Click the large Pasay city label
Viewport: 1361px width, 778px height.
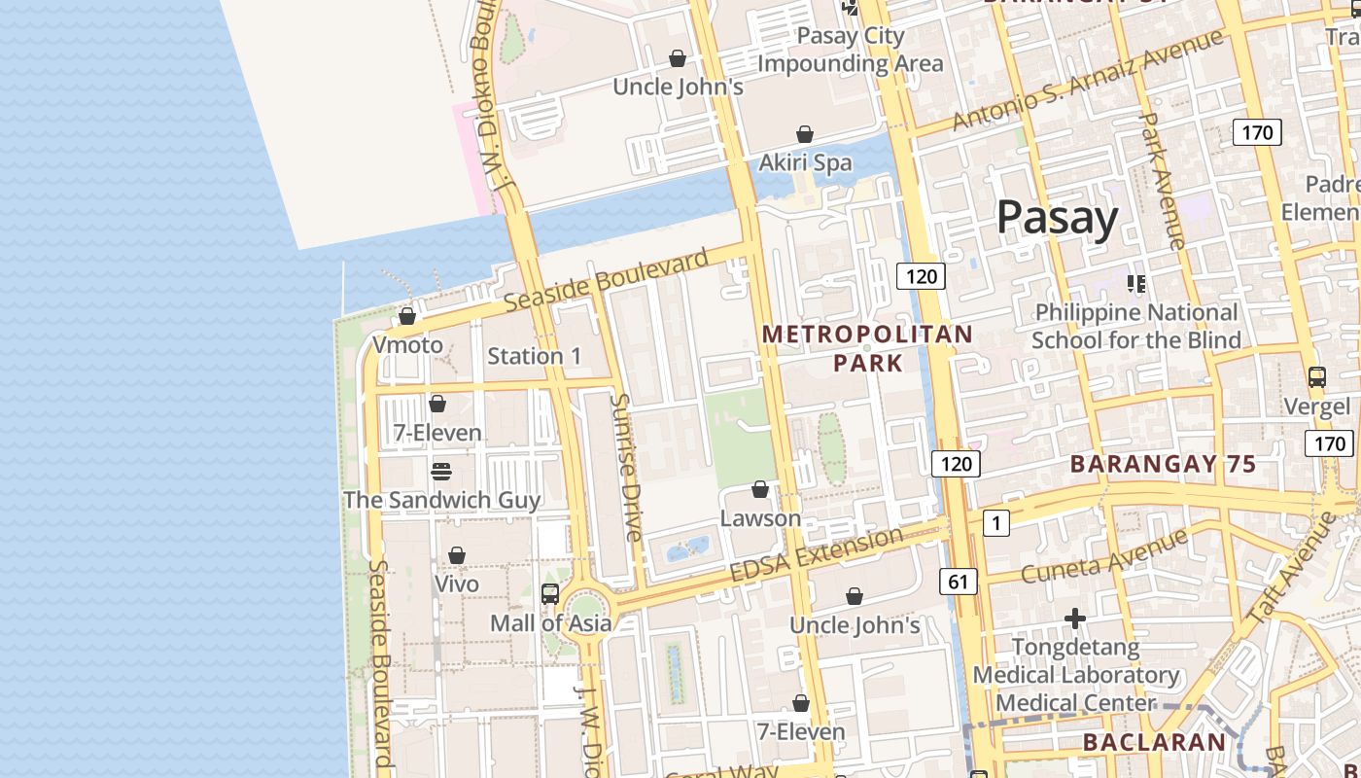tap(1057, 218)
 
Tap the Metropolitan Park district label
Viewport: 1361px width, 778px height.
tap(867, 348)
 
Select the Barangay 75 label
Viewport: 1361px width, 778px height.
tap(1163, 464)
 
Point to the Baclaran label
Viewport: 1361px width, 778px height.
tap(1154, 742)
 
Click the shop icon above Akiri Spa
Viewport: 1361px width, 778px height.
tap(805, 134)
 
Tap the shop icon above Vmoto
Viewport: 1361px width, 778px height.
tap(407, 316)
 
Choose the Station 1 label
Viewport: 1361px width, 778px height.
tap(534, 356)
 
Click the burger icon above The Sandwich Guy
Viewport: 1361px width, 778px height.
tap(441, 472)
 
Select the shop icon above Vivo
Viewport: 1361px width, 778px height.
tap(456, 555)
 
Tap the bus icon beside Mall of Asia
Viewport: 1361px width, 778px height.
tap(550, 593)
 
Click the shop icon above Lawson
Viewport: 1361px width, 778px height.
tap(760, 489)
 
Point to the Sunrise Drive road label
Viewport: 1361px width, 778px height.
tap(626, 467)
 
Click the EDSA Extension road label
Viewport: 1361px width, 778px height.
tap(816, 555)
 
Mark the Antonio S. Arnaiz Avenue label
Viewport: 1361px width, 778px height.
tap(1087, 80)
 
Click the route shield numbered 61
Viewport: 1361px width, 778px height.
tap(958, 582)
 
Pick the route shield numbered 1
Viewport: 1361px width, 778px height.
tap(995, 523)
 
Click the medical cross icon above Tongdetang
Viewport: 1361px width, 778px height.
tap(1074, 619)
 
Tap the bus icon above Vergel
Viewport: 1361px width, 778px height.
tap(1316, 377)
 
